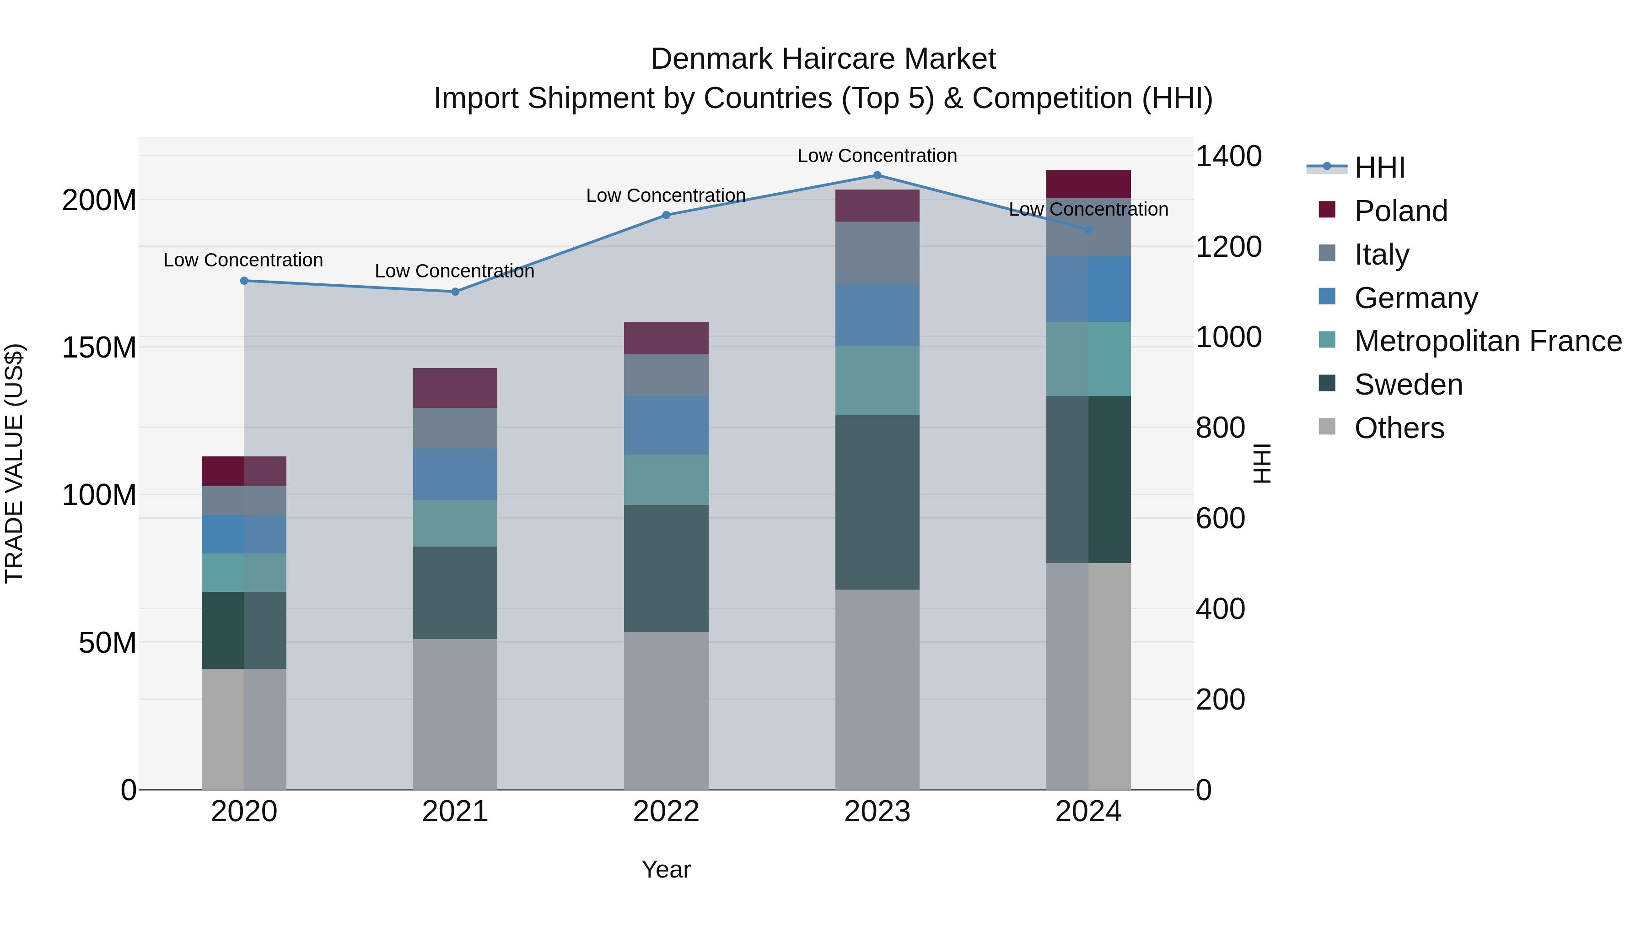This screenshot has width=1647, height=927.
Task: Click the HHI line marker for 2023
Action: [x=877, y=175]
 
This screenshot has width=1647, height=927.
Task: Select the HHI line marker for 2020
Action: [x=243, y=281]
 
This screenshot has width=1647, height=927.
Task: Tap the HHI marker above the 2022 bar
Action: [x=666, y=215]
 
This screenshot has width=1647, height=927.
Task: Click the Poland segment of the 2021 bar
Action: [x=455, y=388]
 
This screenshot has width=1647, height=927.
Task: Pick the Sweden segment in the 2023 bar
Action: [x=877, y=502]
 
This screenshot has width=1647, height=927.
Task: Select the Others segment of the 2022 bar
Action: [x=666, y=710]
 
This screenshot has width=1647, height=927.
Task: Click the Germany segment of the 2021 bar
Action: [x=455, y=474]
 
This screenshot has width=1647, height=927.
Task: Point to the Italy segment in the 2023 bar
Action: [x=877, y=253]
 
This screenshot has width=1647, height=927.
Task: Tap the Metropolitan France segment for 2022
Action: [x=666, y=480]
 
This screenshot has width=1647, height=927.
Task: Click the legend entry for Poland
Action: [x=1400, y=211]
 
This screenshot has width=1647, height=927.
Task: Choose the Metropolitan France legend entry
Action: [x=1487, y=341]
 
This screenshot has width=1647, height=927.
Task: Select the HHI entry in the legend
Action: [x=1379, y=168]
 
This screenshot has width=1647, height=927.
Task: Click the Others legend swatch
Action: [x=1327, y=427]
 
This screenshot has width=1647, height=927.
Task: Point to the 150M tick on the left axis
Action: [x=99, y=348]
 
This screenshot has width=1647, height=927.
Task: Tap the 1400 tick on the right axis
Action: [x=1228, y=156]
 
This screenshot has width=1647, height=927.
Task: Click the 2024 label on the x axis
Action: [x=1088, y=812]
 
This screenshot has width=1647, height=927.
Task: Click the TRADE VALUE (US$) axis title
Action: [x=14, y=463]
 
